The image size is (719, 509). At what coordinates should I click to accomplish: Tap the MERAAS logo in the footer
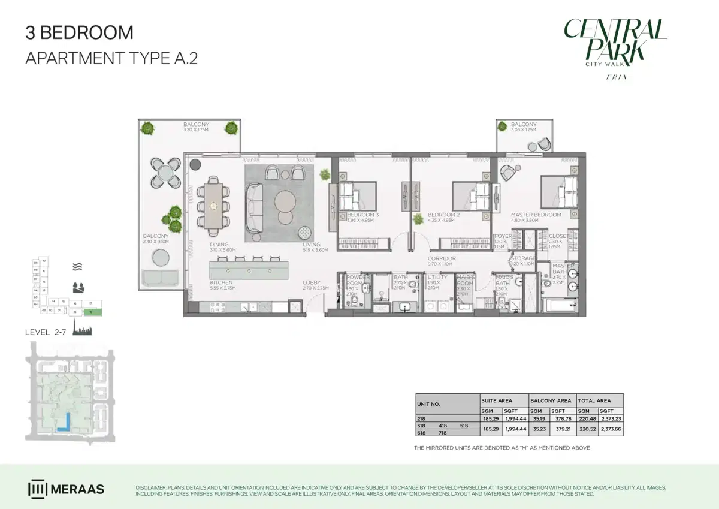tap(66, 489)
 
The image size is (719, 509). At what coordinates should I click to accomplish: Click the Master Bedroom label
tap(536, 215)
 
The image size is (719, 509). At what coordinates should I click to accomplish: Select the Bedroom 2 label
tap(443, 215)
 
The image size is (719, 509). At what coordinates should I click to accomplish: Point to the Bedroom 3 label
tap(362, 215)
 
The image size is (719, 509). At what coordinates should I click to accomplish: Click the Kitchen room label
tap(221, 282)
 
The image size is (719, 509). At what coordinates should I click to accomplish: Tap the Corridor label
tap(442, 258)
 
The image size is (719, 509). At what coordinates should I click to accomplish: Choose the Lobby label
tap(311, 282)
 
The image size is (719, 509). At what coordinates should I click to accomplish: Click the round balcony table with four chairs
tap(164, 173)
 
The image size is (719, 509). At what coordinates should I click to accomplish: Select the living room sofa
tap(255, 207)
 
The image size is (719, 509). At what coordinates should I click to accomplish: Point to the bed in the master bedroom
tap(559, 192)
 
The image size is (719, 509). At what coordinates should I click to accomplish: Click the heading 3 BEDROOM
tap(79, 32)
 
